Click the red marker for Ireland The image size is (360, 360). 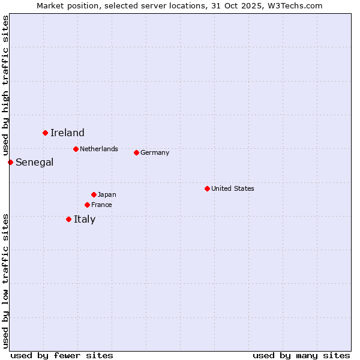coord(45,133)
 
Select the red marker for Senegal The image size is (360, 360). coord(10,162)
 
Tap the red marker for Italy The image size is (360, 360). coord(68,219)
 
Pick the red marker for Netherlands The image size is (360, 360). coord(76,149)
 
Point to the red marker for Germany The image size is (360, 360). coord(136,152)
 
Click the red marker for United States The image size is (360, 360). coord(207,188)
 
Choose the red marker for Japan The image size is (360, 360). coord(94,194)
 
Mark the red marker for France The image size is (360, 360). coord(87,205)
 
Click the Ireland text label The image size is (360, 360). coord(67,133)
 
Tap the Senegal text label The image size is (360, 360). coord(34,162)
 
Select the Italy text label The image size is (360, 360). coord(85,220)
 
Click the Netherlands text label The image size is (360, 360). coord(99,149)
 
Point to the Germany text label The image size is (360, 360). coord(155,152)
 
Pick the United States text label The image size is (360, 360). coord(233,188)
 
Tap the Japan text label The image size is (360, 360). coord(107,194)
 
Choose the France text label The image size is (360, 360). coord(101,205)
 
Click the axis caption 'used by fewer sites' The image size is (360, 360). coord(62,355)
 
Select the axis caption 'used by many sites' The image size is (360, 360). coord(301,355)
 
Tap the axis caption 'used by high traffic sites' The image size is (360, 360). coord(5,85)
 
